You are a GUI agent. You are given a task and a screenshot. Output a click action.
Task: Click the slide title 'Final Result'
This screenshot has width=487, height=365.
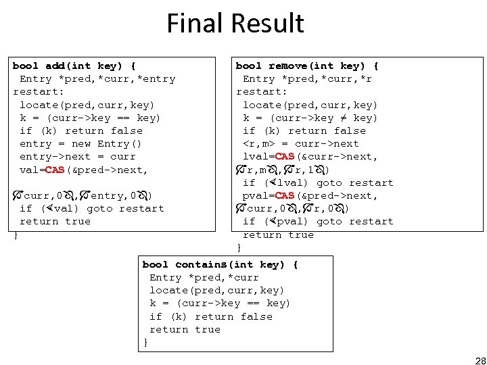coord(235,23)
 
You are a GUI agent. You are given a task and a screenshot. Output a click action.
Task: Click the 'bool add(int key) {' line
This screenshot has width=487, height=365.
coord(74,66)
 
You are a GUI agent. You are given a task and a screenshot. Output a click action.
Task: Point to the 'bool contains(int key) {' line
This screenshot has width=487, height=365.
coord(220,264)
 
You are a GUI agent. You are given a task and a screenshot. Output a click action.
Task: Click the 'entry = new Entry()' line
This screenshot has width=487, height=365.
coord(80,143)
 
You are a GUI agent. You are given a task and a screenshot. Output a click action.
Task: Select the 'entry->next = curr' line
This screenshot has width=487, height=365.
coord(77,157)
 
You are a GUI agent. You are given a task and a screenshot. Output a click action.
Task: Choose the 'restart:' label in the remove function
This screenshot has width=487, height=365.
coord(262,91)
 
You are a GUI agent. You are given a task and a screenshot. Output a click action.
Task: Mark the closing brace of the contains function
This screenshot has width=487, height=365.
coord(145,342)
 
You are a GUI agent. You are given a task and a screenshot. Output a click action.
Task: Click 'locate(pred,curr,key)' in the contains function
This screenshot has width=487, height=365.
coord(216,290)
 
